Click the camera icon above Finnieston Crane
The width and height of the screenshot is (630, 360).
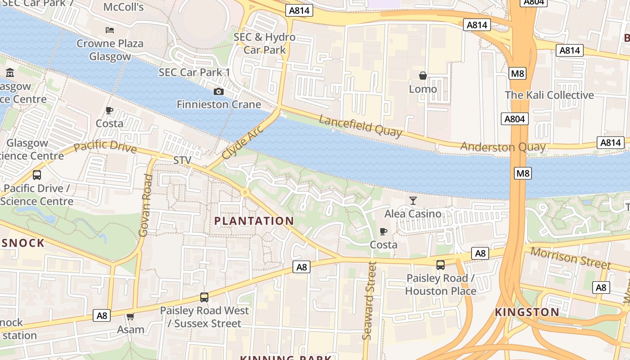(x=219, y=92)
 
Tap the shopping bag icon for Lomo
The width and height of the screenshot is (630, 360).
(x=423, y=76)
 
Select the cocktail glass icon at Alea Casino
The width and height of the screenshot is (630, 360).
(x=413, y=200)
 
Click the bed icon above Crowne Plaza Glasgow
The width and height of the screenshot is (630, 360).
(x=110, y=30)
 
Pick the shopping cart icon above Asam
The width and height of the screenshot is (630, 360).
(x=130, y=316)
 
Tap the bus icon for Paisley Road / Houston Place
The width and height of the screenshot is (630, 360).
(x=441, y=265)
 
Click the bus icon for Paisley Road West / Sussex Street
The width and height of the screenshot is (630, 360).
(x=204, y=297)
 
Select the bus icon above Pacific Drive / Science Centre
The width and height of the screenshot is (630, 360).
(x=37, y=175)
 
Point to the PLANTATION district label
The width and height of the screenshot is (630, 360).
(x=254, y=221)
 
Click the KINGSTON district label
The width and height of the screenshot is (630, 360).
(x=527, y=312)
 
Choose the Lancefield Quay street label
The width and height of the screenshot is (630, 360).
(x=360, y=126)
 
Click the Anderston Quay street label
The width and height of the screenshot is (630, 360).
(x=503, y=147)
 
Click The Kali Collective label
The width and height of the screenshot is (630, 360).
(x=549, y=95)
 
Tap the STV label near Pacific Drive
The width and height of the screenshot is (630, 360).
(x=182, y=160)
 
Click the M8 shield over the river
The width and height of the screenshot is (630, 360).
(x=522, y=173)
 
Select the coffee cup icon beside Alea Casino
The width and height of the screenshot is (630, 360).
(x=383, y=232)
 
